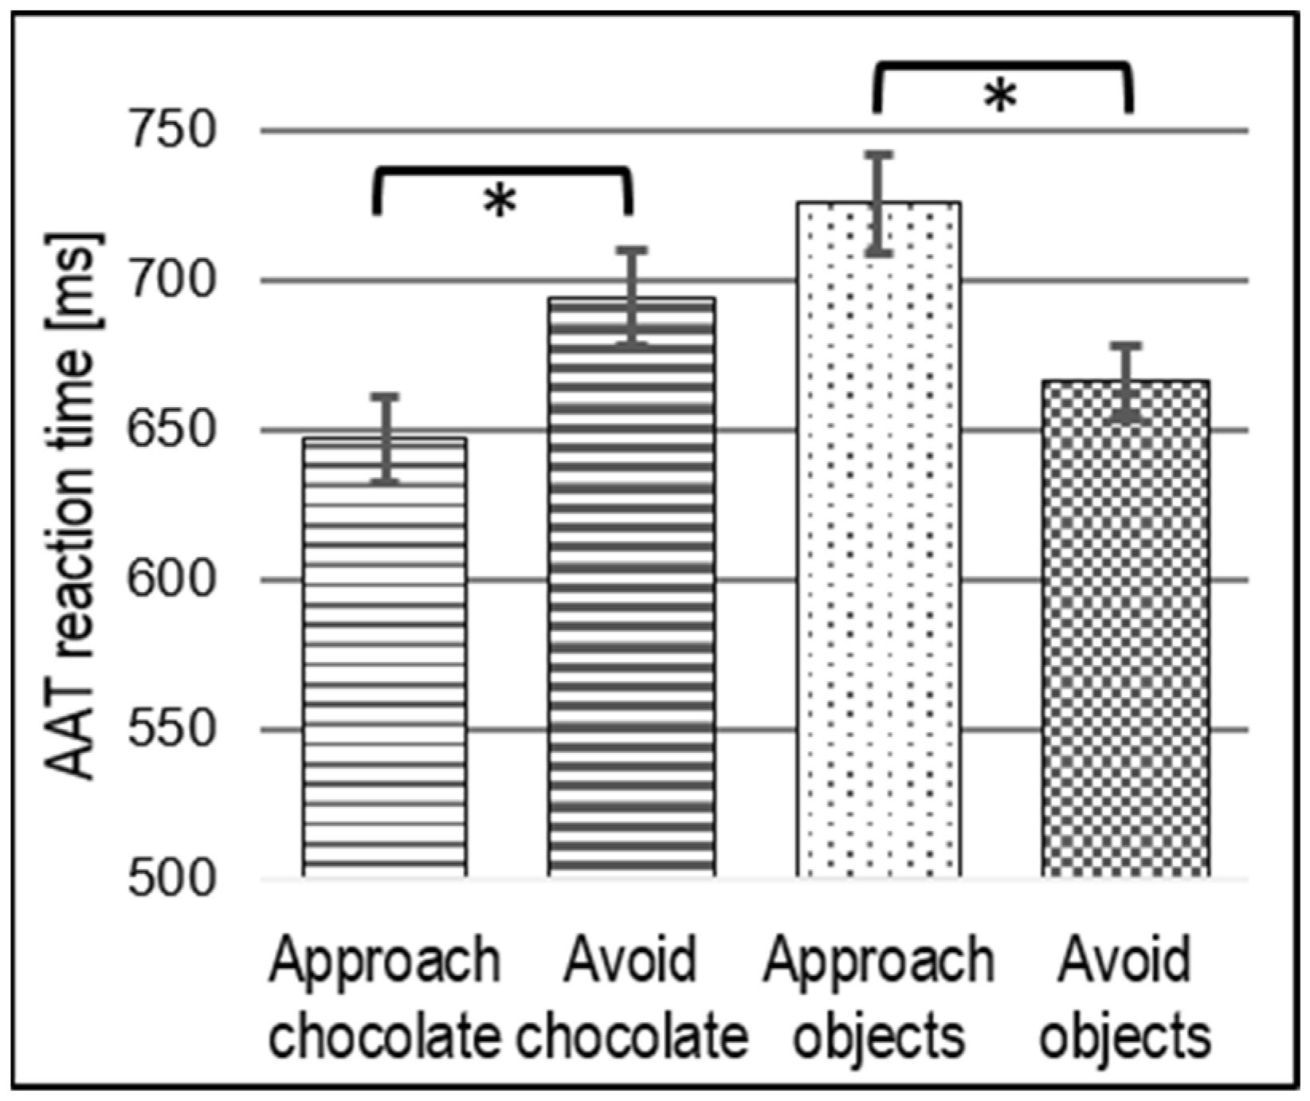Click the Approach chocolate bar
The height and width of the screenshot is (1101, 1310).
[x=385, y=661]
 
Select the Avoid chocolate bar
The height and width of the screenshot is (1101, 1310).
[x=631, y=590]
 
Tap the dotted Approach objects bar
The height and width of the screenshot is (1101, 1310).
[x=878, y=542]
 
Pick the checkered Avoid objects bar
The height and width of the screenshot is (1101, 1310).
[x=1125, y=629]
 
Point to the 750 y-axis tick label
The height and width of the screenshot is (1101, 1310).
[x=173, y=130]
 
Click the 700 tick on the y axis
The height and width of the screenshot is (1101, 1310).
[x=173, y=280]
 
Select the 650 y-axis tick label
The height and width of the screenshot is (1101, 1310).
[x=173, y=430]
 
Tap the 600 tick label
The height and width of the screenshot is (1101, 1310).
[x=173, y=580]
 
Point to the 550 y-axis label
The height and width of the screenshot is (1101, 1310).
[x=173, y=730]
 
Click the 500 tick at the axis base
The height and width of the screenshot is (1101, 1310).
[x=173, y=880]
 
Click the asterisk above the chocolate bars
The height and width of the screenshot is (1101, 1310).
[x=500, y=203]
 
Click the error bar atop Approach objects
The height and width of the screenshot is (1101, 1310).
[x=879, y=203]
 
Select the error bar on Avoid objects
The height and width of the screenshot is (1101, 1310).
[x=1127, y=382]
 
